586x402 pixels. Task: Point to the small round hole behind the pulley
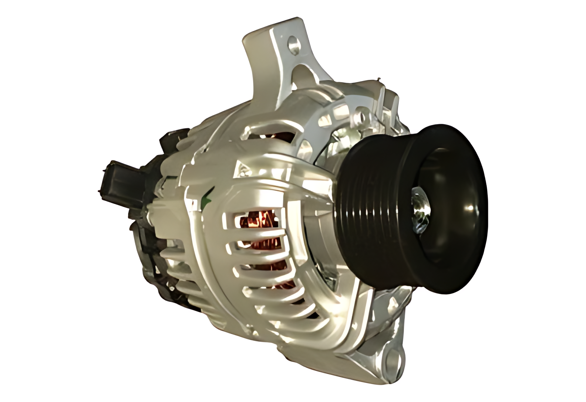point(359,113)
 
